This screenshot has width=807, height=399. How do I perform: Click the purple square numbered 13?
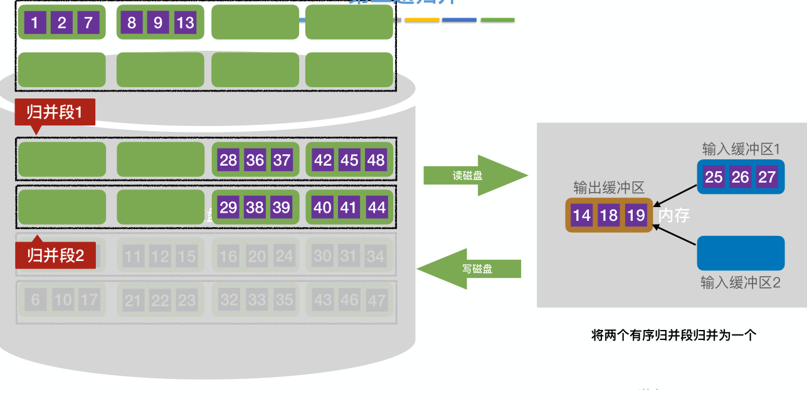pyautogui.click(x=186, y=23)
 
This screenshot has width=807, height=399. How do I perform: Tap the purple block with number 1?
pyautogui.click(x=34, y=23)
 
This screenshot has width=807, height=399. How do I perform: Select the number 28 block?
pyautogui.click(x=228, y=160)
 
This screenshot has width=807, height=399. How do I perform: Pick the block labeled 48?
pyautogui.click(x=376, y=160)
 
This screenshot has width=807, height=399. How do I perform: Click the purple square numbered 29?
pyautogui.click(x=228, y=207)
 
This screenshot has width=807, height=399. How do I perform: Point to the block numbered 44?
pyautogui.click(x=376, y=207)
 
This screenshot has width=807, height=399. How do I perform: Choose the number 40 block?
pyautogui.click(x=322, y=207)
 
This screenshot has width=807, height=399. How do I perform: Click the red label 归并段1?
pyautogui.click(x=55, y=113)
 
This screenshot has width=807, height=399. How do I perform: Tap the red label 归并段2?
pyautogui.click(x=55, y=255)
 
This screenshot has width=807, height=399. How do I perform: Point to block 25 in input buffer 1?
pyautogui.click(x=714, y=177)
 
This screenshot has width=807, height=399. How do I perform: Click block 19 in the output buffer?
pyautogui.click(x=636, y=216)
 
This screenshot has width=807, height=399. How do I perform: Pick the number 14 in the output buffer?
pyautogui.click(x=582, y=216)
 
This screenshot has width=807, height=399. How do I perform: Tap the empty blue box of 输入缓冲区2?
pyautogui.click(x=741, y=253)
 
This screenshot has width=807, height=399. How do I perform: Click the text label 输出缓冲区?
pyautogui.click(x=609, y=188)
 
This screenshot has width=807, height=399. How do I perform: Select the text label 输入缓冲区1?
pyautogui.click(x=741, y=149)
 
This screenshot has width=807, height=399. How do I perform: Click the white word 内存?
pyautogui.click(x=674, y=216)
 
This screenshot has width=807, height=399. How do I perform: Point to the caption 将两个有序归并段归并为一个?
pyautogui.click(x=674, y=335)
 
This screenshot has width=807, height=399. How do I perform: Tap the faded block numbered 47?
pyautogui.click(x=376, y=301)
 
